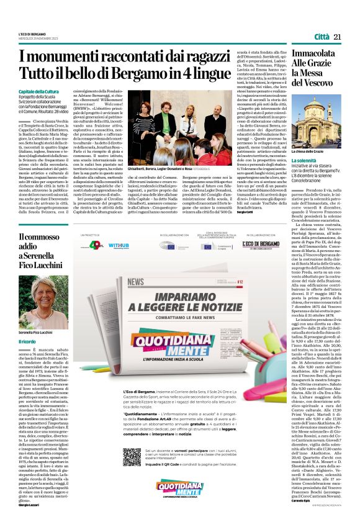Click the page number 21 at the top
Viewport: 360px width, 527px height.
click(x=338, y=38)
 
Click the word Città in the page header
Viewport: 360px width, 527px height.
click(x=321, y=38)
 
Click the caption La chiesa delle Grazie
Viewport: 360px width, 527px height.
click(x=307, y=151)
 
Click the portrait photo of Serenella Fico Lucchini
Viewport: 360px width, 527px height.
click(x=37, y=302)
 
